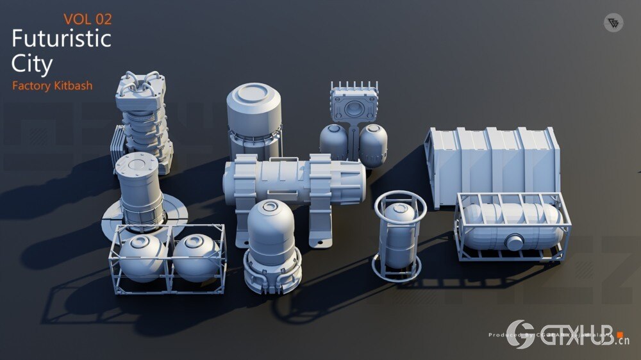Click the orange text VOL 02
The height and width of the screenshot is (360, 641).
tap(88, 19)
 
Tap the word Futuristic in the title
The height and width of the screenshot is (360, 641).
tap(61, 40)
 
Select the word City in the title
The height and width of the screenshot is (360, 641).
tap(31, 63)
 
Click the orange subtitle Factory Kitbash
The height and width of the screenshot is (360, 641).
tap(52, 85)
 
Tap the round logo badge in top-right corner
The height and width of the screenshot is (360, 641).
tap(613, 23)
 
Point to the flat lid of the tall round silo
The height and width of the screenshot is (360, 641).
tap(254, 95)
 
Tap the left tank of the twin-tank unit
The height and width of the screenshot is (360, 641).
tap(333, 142)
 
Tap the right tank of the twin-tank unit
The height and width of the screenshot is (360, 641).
tap(373, 143)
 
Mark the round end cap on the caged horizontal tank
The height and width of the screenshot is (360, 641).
tap(515, 241)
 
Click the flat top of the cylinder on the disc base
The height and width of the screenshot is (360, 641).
tap(137, 165)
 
